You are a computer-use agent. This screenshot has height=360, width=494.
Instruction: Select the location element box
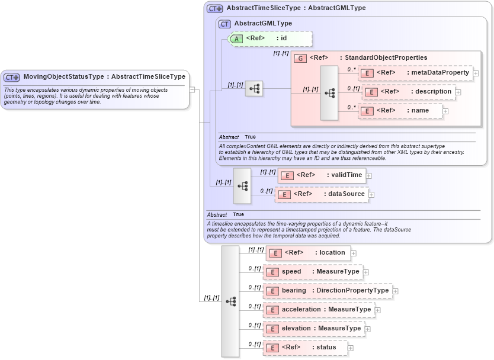307,253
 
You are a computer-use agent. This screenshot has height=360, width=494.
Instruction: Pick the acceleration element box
319,310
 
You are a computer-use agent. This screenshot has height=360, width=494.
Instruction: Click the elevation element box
314,329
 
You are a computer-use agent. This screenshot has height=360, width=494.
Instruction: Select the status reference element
305,348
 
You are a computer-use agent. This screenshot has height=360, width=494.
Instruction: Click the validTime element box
322,175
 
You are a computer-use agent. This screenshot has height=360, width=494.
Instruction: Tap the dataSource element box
322,194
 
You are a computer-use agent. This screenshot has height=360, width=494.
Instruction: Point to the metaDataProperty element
415,73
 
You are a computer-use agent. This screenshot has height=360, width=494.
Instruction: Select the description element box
408,92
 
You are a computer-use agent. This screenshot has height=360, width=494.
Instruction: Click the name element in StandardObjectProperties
400,111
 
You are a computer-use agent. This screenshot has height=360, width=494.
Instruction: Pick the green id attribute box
269,38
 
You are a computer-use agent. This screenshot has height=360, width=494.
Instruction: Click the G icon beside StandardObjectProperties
300,58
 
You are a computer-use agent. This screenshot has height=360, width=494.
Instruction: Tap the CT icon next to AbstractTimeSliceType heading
214,8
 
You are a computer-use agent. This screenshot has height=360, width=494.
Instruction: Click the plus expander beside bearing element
396,291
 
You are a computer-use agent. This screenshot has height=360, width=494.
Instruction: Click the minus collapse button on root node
192,89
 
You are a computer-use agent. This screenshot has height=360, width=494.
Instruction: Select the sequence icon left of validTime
242,185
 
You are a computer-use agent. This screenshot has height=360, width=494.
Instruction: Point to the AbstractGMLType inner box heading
263,24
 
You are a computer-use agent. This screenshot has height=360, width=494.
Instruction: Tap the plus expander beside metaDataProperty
476,73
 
